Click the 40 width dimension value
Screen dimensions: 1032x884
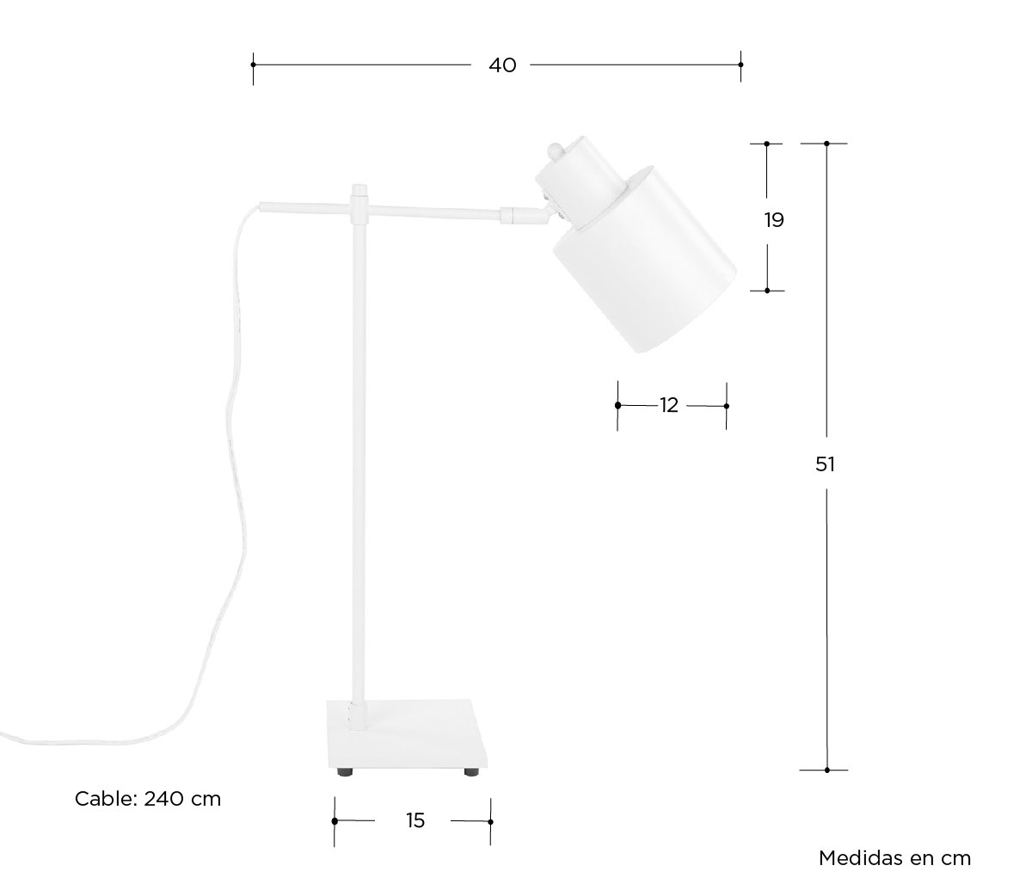[502, 64]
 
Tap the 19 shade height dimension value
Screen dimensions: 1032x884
[774, 219]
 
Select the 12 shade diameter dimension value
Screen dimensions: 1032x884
[669, 405]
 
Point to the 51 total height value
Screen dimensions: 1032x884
[825, 464]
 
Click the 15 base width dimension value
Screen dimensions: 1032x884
[415, 820]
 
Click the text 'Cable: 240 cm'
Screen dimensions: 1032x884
[148, 799]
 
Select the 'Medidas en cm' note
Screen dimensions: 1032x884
[894, 858]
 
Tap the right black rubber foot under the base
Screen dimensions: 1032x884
[472, 772]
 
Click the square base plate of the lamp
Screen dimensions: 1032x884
[408, 734]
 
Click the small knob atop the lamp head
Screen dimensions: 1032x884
[554, 150]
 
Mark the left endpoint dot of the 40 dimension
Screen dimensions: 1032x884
[253, 64]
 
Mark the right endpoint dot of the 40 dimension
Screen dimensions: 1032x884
[741, 64]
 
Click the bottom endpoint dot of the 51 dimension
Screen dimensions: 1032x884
[827, 770]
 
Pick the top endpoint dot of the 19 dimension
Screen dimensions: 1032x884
[767, 144]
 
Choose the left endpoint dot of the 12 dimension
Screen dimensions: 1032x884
[618, 406]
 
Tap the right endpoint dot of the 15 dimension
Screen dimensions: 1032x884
[491, 821]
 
